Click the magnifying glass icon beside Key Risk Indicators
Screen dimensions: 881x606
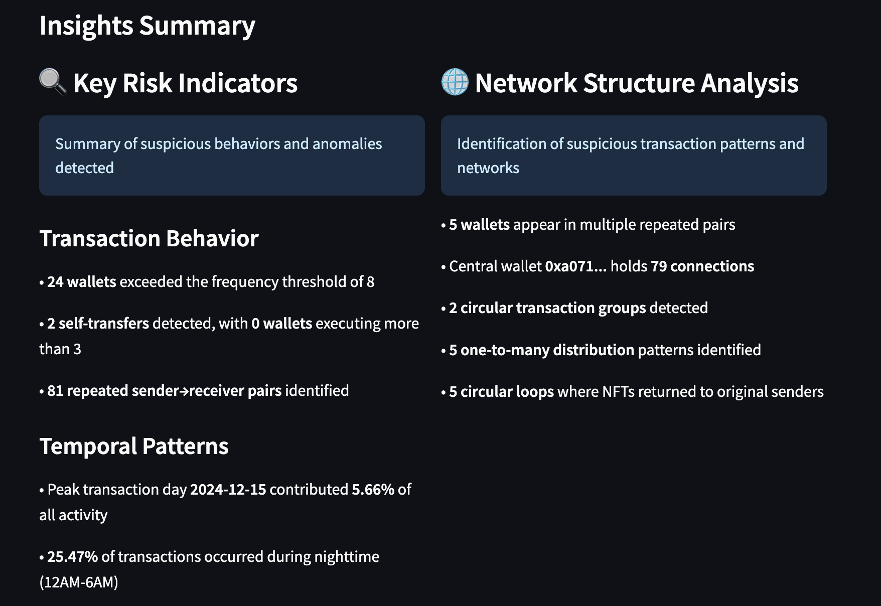click(53, 82)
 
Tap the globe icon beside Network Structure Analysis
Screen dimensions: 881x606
click(455, 82)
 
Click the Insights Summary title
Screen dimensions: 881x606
click(147, 26)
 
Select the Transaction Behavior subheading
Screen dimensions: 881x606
click(149, 238)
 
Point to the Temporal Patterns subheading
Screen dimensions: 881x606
click(134, 446)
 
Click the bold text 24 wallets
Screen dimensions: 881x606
click(82, 282)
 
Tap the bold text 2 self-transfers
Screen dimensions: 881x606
click(98, 324)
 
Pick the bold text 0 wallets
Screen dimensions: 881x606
click(281, 324)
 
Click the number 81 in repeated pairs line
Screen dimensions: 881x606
click(55, 391)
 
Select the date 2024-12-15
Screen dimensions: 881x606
click(228, 490)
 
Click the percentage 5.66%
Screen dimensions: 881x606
click(373, 490)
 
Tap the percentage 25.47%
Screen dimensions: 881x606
click(72, 557)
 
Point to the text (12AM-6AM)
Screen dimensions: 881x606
click(79, 582)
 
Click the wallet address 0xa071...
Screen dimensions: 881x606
click(569, 266)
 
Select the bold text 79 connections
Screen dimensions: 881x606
click(702, 266)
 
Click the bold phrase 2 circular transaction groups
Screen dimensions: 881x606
click(547, 308)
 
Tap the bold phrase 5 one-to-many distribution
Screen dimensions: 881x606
click(542, 350)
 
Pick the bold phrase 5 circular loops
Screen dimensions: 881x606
click(502, 392)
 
